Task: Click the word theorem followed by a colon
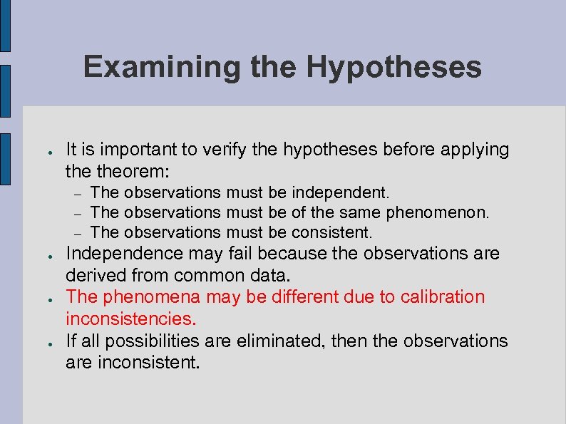[138, 171]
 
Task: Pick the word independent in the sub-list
[340, 192]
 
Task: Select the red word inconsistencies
[130, 318]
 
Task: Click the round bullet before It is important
[44, 152]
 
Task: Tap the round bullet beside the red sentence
[44, 299]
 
